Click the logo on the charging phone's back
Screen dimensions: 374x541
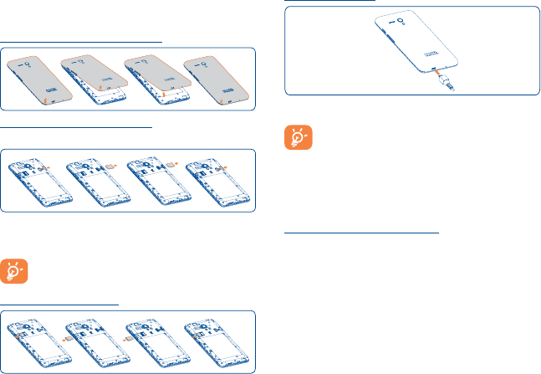[x=444, y=49]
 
